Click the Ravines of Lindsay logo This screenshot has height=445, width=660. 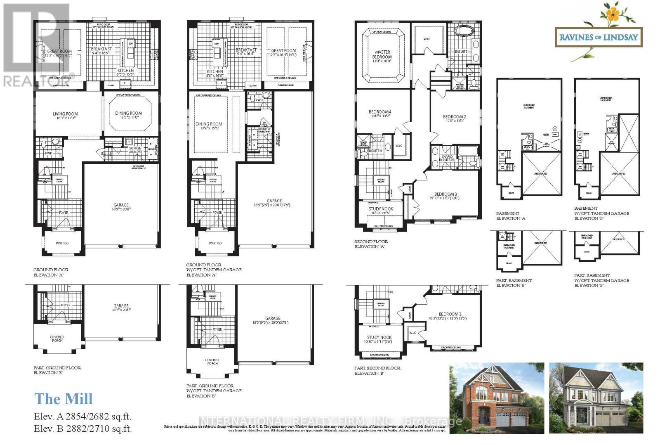pyautogui.click(x=598, y=37)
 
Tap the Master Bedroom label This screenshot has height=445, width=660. pyautogui.click(x=382, y=54)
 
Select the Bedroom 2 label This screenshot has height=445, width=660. pyautogui.click(x=454, y=117)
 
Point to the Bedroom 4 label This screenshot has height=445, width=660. pyautogui.click(x=379, y=112)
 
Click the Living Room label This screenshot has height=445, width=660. pyautogui.click(x=65, y=114)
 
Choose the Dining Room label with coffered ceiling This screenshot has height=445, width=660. pyautogui.click(x=128, y=113)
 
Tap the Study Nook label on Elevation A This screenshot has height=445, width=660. pyautogui.click(x=380, y=209)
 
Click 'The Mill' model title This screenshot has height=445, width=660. pyautogui.click(x=64, y=399)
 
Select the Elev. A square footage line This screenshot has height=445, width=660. pyautogui.click(x=82, y=417)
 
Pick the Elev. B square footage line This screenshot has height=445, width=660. pyautogui.click(x=82, y=429)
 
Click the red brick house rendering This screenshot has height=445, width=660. pyautogui.click(x=496, y=398)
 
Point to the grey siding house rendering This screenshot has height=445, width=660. pyautogui.click(x=596, y=398)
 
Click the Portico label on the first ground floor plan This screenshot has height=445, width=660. pyautogui.click(x=62, y=243)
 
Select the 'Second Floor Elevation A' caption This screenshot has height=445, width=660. pyautogui.click(x=371, y=244)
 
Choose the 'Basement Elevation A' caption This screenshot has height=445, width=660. pyautogui.click(x=511, y=216)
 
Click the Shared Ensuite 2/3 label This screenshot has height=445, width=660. pyautogui.click(x=448, y=158)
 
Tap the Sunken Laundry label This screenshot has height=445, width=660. pyautogui.click(x=135, y=150)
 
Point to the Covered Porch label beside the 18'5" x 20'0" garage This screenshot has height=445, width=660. pyautogui.click(x=57, y=339)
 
